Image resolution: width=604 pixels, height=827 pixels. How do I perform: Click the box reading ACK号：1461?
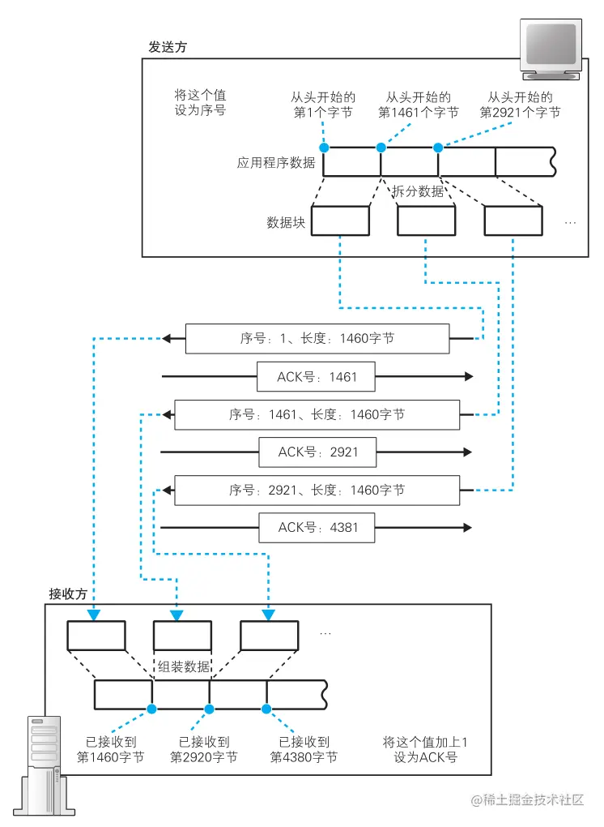pos(317,377)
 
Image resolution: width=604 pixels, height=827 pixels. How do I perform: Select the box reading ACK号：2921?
pos(317,452)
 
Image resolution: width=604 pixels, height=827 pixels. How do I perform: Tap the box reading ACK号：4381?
pos(317,528)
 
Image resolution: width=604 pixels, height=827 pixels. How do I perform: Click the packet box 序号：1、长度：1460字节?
pos(317,339)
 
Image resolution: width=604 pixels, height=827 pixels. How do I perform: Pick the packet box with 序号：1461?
pos(317,415)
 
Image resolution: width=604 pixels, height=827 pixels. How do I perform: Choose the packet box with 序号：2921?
pos(317,491)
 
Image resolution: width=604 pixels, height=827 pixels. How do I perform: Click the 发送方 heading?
pos(167,47)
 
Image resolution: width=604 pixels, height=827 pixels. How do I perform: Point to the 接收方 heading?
pos(67,593)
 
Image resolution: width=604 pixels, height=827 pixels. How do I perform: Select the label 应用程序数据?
pos(276,162)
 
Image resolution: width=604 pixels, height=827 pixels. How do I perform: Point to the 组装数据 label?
pos(184,666)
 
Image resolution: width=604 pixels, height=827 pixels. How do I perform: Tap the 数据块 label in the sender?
pos(286,222)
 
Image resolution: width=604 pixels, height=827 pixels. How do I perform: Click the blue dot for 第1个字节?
pos(324,148)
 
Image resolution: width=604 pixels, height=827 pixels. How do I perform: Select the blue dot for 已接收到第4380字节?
pos(266,709)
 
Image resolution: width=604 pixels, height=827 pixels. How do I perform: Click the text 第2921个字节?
pos(520,113)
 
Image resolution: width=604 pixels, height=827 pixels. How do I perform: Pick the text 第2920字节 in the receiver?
pos(203,757)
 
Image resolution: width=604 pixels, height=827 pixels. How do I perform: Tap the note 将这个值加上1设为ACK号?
pos(425,749)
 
